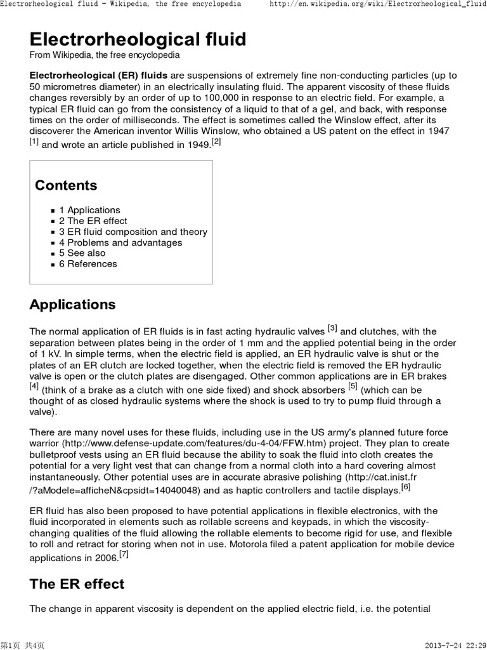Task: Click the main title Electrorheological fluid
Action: [x=138, y=39]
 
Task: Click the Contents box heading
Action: [x=66, y=185]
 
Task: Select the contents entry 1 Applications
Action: [x=89, y=210]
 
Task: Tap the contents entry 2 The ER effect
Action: [x=93, y=221]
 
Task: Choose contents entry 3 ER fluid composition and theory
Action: [x=133, y=232]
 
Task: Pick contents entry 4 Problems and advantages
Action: [x=120, y=242]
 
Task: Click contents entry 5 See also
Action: [x=82, y=253]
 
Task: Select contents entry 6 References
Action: [x=88, y=263]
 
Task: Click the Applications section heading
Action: [x=72, y=305]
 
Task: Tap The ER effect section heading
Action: [x=77, y=584]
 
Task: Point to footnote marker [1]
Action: [x=34, y=141]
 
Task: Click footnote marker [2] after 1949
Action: [x=216, y=142]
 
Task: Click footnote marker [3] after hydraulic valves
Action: [x=332, y=328]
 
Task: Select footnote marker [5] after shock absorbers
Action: [x=353, y=385]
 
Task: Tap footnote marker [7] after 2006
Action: [x=124, y=555]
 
